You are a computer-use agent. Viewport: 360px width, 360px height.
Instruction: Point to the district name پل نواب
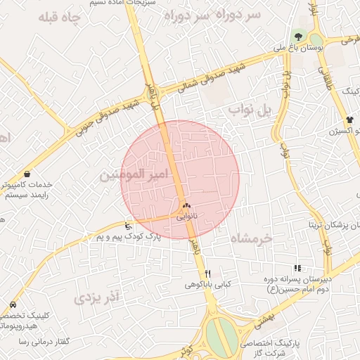point(249,110)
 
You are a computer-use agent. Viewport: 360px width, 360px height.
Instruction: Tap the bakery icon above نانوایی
point(186,206)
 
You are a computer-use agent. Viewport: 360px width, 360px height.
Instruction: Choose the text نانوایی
point(186,217)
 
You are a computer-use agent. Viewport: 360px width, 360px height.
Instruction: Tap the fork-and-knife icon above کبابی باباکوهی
point(207,273)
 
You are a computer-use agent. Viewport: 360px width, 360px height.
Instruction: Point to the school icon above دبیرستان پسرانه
point(297,268)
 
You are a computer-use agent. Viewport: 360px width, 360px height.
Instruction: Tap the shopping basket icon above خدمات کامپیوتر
point(27,174)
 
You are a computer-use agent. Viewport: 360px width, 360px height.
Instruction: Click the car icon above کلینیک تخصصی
point(13,306)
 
